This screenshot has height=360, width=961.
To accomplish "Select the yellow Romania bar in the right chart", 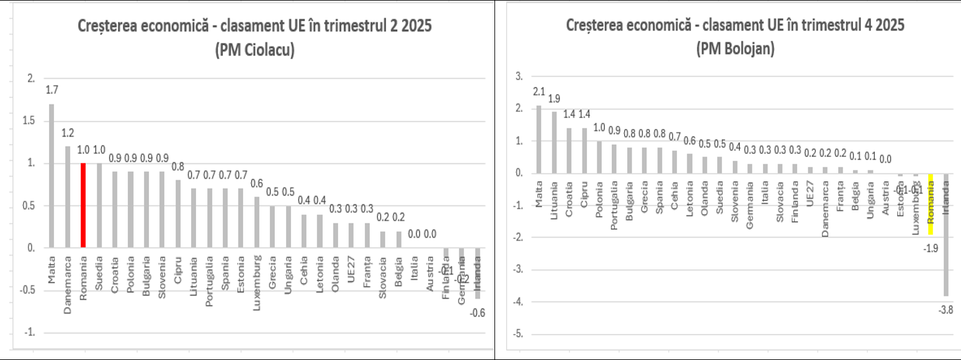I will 931,204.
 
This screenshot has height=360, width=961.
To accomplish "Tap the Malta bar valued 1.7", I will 51,176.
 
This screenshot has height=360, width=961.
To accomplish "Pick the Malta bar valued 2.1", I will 539,140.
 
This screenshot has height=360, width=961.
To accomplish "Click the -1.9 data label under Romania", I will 931,248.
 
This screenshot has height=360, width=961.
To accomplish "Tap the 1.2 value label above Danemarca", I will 68,133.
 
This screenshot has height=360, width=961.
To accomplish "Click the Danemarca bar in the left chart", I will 68,197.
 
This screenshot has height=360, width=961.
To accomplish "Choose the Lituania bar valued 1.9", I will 554,143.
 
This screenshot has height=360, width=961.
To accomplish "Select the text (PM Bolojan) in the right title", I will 735,50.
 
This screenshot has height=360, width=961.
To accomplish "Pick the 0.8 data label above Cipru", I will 177,166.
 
